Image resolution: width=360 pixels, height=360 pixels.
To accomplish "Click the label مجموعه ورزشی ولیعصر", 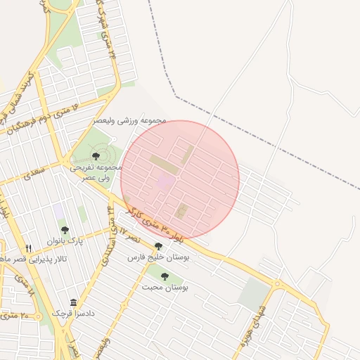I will pos(131,120).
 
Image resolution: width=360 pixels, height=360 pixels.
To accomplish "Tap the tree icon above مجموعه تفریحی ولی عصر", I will pos(96,156).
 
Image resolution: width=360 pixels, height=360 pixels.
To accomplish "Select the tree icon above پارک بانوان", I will pos(65,230).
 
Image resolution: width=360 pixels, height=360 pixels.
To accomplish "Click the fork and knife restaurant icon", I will pos(29,248).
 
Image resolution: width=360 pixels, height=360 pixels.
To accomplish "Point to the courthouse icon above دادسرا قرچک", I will pos(73,302).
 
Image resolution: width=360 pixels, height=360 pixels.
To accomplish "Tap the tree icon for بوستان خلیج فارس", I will pos(158,247).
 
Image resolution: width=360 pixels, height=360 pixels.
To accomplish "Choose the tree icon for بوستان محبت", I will pos(165,276).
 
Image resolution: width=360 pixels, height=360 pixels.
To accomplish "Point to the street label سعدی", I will pos(32,173).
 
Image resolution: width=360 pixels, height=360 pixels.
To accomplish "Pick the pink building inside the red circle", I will pos(166,181).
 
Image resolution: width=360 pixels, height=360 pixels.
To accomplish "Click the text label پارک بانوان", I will pos(65,241).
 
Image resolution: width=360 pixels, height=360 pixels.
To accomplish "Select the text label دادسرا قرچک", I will pos(73,313).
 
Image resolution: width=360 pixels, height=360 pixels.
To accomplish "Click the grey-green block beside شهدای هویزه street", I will pos(253,295).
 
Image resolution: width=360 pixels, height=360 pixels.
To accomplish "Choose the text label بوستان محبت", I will pos(166,288).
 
